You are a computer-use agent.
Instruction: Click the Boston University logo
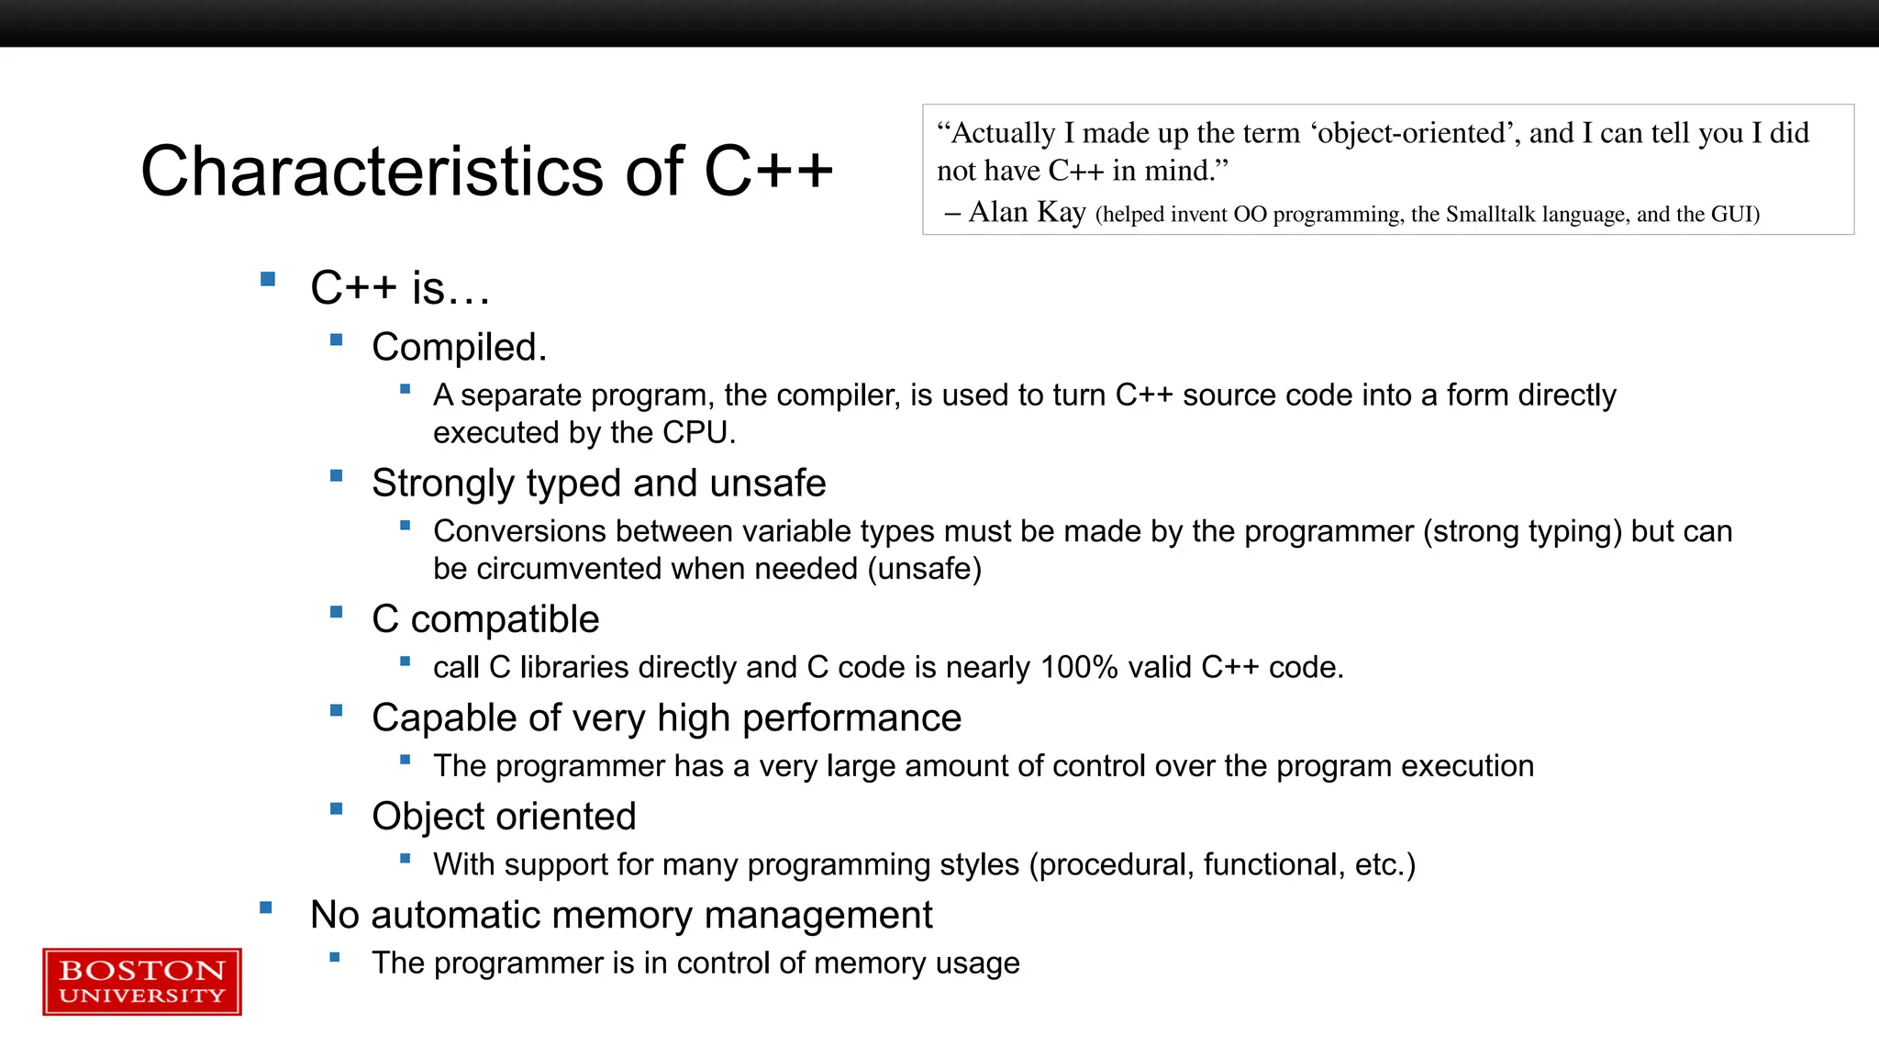point(142,982)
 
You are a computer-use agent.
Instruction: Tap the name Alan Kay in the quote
point(1027,212)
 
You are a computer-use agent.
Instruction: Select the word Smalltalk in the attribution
point(1491,215)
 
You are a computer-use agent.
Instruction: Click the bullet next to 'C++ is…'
point(268,280)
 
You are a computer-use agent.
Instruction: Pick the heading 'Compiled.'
point(459,348)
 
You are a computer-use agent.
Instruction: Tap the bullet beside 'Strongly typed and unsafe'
point(337,476)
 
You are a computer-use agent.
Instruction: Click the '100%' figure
point(1079,667)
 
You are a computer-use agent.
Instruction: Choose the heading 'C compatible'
point(485,619)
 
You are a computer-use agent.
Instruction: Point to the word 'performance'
point(851,718)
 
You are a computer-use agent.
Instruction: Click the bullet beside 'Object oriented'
point(337,809)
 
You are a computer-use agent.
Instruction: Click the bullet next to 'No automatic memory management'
point(266,908)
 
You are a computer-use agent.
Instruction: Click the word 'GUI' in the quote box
point(1731,215)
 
